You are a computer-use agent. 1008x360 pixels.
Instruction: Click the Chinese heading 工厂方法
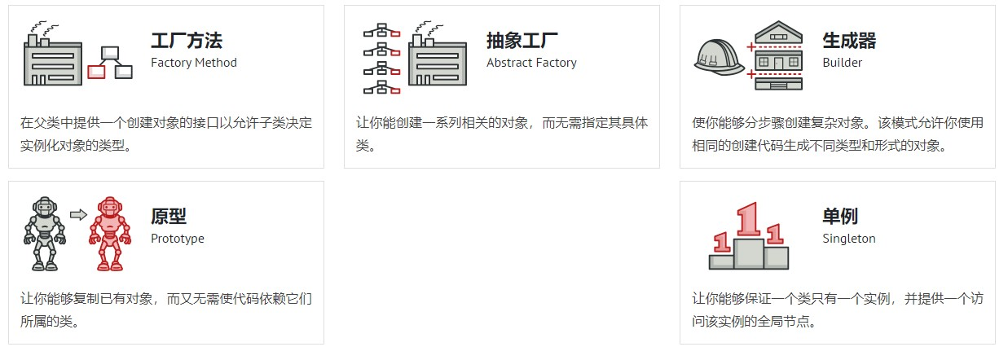[186, 41]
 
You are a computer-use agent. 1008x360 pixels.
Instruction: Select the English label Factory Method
[194, 63]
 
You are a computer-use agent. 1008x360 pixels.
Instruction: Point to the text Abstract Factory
[531, 63]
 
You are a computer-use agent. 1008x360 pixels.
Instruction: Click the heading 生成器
[849, 41]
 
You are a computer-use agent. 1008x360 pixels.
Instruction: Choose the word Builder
[842, 63]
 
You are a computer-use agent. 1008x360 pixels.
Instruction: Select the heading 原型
[169, 217]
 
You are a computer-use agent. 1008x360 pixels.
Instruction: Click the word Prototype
[178, 239]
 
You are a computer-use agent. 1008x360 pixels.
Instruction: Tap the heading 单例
[840, 217]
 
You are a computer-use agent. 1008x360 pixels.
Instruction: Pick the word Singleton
[849, 239]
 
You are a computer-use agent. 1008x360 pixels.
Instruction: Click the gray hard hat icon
[718, 59]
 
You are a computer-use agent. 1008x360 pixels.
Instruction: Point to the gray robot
[43, 233]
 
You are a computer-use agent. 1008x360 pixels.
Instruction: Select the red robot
[109, 233]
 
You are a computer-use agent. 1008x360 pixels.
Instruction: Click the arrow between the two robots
[78, 215]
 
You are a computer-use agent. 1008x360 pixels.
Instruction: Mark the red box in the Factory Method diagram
[96, 72]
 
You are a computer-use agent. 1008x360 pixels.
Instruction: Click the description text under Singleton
[838, 310]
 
